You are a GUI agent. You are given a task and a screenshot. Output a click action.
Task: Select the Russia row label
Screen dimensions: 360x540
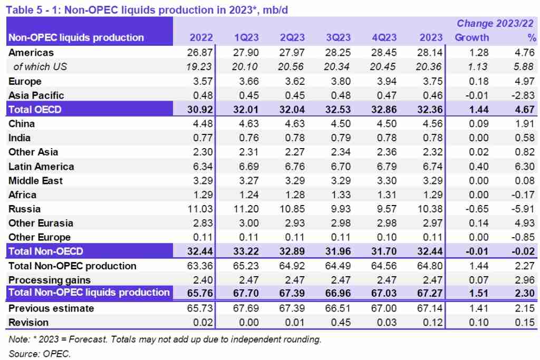[x=24, y=209]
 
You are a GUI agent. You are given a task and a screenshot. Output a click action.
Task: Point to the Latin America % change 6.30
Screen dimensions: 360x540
[x=525, y=167]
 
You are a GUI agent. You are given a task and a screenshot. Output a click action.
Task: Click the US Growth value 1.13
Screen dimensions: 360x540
[x=478, y=66]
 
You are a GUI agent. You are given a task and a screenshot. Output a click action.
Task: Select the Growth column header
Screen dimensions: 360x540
[x=472, y=37]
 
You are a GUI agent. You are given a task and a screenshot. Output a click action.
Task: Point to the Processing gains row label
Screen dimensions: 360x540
[x=50, y=280]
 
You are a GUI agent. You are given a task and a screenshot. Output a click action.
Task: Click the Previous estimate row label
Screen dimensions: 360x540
[x=51, y=308]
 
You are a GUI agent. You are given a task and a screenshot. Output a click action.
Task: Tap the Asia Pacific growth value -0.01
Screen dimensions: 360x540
[x=477, y=95]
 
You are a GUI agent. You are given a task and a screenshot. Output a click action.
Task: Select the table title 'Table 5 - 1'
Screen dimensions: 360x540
[x=34, y=8]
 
